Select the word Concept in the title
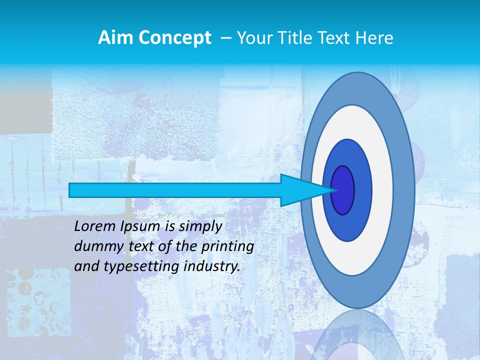175,37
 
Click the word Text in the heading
332,37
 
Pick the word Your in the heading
254,37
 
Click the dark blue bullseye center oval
343,190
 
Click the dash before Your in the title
226,37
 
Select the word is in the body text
170,226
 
